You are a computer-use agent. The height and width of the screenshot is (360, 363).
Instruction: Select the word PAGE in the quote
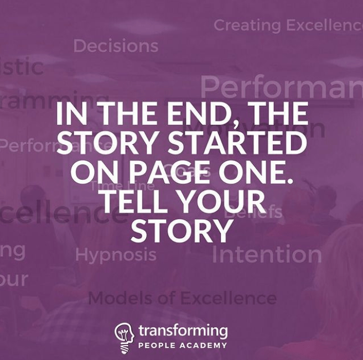point(146,172)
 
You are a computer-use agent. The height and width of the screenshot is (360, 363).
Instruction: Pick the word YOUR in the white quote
point(228,201)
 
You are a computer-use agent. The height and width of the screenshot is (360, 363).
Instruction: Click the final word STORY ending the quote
point(181,231)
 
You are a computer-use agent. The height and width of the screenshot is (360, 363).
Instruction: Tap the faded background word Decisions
point(116,46)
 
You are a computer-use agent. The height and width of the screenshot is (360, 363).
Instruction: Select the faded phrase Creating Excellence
point(288,25)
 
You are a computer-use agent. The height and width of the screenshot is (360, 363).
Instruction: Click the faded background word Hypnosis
point(116,255)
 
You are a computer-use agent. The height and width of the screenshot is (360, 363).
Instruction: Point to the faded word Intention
point(267,254)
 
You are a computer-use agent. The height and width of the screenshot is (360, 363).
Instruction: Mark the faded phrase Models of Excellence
point(182,299)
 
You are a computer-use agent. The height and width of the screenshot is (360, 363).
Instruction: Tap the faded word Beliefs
point(253,212)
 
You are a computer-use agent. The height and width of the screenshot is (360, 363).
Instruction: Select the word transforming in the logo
point(183,331)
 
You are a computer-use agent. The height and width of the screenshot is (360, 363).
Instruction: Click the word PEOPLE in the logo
point(157,345)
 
